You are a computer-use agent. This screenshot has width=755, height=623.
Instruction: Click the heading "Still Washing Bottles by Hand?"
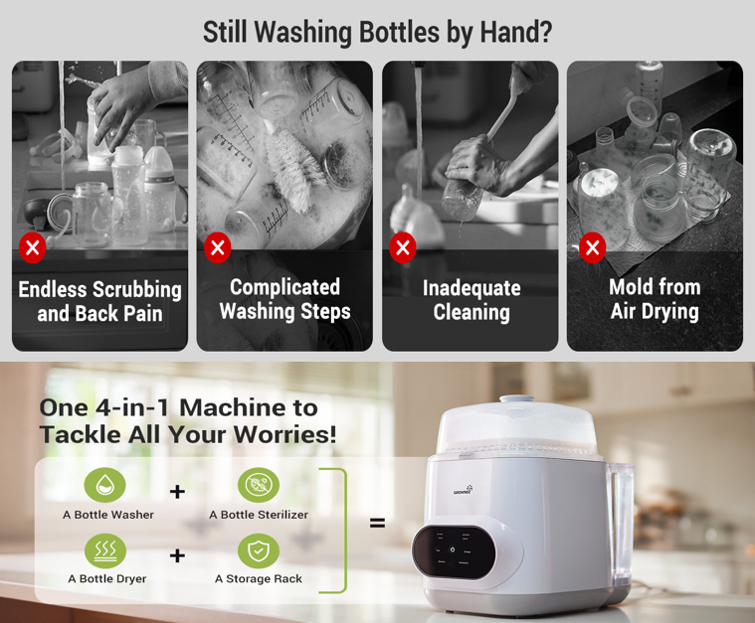(377, 32)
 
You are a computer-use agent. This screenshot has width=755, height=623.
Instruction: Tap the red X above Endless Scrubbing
(33, 247)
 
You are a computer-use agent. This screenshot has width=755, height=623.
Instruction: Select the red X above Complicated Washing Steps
(218, 247)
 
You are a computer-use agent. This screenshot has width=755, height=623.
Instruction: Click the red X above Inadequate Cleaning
(403, 247)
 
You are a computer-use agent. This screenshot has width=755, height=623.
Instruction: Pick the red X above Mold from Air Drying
(592, 247)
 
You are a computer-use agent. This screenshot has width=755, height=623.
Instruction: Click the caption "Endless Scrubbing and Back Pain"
(99, 301)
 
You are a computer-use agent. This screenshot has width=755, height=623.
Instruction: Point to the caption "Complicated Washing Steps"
(284, 299)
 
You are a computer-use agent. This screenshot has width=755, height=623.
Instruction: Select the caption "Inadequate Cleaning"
(471, 300)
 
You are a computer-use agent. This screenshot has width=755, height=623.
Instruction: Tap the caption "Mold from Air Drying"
(655, 299)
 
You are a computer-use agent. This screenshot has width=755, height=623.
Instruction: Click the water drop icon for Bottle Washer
(104, 485)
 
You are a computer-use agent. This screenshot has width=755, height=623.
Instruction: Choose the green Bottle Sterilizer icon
(258, 485)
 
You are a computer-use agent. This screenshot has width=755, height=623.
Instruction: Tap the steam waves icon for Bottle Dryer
(104, 550)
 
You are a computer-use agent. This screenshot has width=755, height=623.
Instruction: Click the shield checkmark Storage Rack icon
(258, 550)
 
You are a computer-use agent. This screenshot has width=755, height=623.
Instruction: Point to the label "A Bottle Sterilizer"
(259, 515)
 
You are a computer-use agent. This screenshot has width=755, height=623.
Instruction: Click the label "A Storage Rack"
(259, 578)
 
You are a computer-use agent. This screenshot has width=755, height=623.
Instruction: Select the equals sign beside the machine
(377, 522)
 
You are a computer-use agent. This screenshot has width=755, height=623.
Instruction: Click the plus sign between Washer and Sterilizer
(177, 491)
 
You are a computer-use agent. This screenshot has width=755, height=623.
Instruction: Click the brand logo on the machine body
(464, 489)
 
